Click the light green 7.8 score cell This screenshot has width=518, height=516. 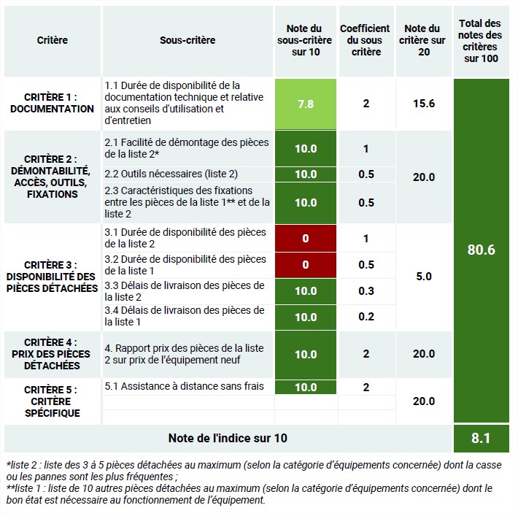click(x=306, y=104)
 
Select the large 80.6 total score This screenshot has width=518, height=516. click(x=481, y=250)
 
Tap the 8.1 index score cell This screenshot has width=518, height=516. click(x=481, y=439)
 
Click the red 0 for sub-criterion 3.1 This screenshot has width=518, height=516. click(x=306, y=238)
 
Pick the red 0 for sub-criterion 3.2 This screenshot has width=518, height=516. click(x=306, y=264)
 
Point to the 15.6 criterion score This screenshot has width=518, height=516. click(x=423, y=104)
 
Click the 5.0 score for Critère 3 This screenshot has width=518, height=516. click(x=423, y=277)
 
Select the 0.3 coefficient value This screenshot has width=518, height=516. click(x=366, y=290)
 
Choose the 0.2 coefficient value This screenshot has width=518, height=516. click(x=366, y=317)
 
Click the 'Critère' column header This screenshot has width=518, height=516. click(x=53, y=40)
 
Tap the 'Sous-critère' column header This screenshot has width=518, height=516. click(x=188, y=40)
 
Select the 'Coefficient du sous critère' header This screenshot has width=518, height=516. click(x=366, y=40)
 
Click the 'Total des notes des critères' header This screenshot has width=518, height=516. click(x=481, y=40)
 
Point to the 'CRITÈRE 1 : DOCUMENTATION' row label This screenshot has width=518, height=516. click(x=53, y=103)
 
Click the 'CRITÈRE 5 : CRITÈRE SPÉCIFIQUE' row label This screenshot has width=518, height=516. click(x=53, y=401)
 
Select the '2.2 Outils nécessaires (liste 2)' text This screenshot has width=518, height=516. click(x=171, y=174)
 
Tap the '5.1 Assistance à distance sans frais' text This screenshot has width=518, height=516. click(x=184, y=386)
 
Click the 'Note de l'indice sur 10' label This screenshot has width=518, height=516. click(x=228, y=438)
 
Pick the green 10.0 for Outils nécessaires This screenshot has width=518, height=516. click(x=306, y=174)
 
